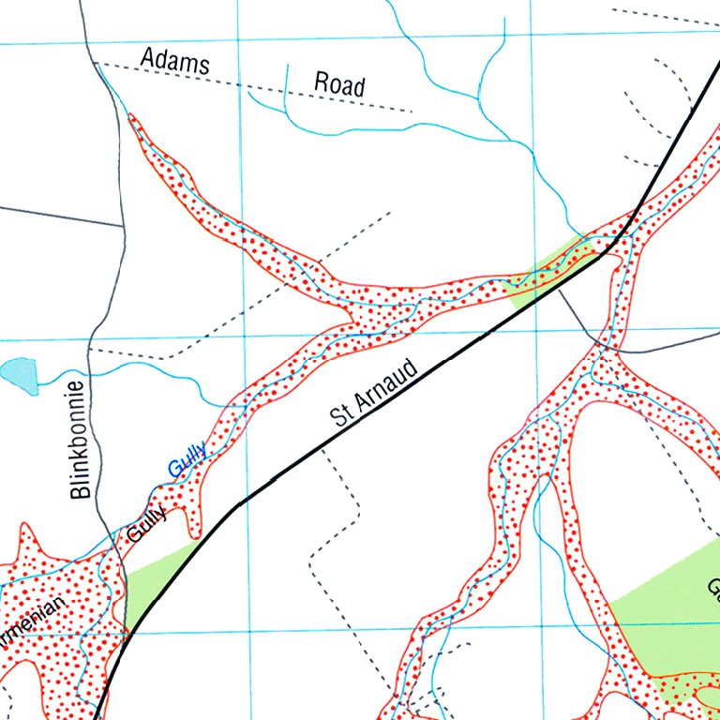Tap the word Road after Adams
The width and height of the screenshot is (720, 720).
coord(338,85)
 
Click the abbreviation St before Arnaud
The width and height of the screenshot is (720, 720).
coord(342,412)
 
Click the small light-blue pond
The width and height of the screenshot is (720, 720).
coord(20,376)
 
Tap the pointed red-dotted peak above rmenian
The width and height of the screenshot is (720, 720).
coord(25,534)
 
